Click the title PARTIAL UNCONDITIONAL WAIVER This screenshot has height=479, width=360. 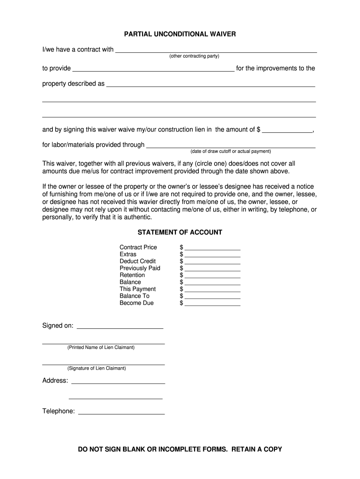point(180,34)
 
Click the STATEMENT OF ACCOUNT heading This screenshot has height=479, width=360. point(180,232)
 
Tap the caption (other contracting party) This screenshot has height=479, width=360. point(194,56)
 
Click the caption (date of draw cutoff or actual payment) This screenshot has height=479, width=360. point(230,152)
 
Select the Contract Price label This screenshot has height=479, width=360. point(138,247)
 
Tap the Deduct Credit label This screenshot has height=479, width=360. point(138,261)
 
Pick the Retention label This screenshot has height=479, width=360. point(132,275)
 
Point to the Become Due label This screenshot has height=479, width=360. point(137,303)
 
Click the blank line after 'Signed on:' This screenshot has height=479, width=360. point(120,327)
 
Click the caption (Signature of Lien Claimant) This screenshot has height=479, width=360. point(96,368)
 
